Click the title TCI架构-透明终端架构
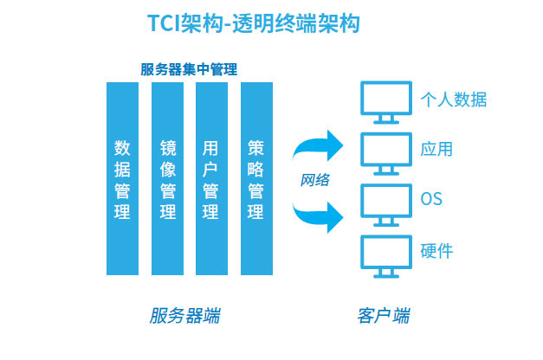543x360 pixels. (254, 23)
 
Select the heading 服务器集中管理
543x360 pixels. (189, 69)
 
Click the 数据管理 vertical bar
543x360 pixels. (122, 178)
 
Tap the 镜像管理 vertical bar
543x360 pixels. (167, 178)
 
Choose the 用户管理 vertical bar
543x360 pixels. (211, 178)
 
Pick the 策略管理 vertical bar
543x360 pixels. (256, 178)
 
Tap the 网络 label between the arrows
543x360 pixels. (314, 180)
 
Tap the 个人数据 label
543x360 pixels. (454, 100)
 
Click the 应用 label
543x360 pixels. (436, 149)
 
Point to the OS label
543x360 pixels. (431, 199)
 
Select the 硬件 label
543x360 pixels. (436, 251)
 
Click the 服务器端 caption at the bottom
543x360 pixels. (185, 315)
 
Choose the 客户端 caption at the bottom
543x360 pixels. (384, 315)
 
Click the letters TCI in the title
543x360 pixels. (164, 23)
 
